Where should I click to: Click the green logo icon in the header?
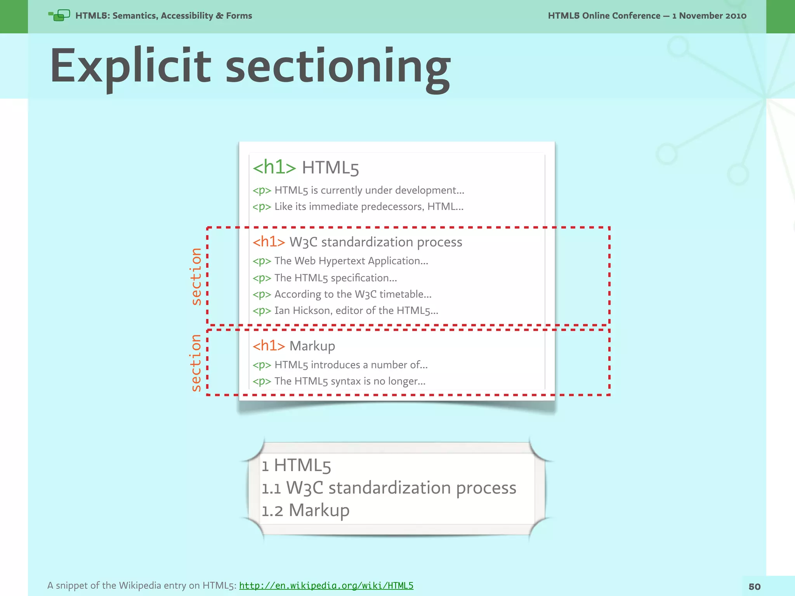tap(59, 16)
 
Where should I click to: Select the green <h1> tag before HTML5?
tap(274, 167)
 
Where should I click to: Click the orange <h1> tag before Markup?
tap(269, 345)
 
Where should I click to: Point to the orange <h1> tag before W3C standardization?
tap(269, 242)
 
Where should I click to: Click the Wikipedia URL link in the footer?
tap(326, 586)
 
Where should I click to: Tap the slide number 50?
tap(754, 587)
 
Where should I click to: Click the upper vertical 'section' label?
tap(196, 276)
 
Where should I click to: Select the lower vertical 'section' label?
tap(196, 362)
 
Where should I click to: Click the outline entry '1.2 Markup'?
tap(306, 510)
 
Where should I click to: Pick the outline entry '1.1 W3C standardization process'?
tap(389, 488)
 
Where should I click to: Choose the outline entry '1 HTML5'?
tap(296, 465)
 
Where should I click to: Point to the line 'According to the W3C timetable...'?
tap(352, 294)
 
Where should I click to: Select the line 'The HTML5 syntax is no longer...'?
tap(349, 381)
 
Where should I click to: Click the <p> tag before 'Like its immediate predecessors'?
tap(262, 207)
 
